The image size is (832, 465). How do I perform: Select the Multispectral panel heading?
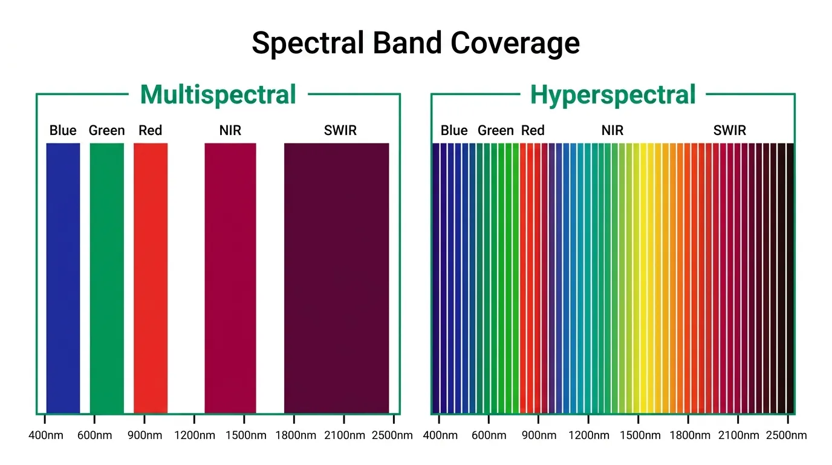[x=218, y=95]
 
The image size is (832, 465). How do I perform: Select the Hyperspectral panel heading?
[x=613, y=95]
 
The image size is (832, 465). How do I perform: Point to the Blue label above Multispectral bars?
[x=63, y=130]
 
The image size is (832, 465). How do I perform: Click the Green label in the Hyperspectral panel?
[x=496, y=130]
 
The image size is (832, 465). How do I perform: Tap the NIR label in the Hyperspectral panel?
[x=613, y=130]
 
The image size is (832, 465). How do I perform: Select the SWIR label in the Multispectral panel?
[x=340, y=130]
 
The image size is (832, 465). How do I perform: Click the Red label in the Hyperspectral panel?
[x=533, y=130]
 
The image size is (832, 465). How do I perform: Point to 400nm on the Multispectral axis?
[x=46, y=435]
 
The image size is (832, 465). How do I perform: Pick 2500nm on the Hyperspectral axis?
[x=786, y=435]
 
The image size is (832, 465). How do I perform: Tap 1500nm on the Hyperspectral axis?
[x=639, y=435]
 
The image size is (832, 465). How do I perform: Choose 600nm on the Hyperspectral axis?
[x=489, y=435]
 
